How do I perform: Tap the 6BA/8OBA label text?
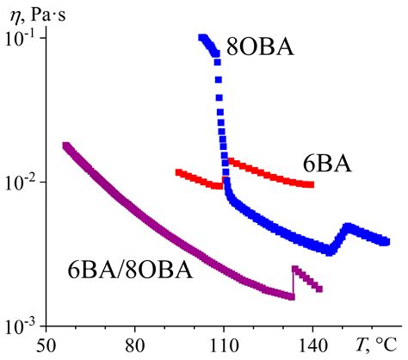coord(129,270)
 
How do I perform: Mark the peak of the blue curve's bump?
coord(348,227)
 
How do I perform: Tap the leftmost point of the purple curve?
coord(66,146)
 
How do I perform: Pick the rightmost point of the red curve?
coord(311,184)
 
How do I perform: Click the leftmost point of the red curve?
coord(178,172)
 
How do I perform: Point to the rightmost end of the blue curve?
coord(386,242)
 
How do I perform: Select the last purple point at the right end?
coord(319,289)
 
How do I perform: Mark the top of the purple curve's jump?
coord(294,268)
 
